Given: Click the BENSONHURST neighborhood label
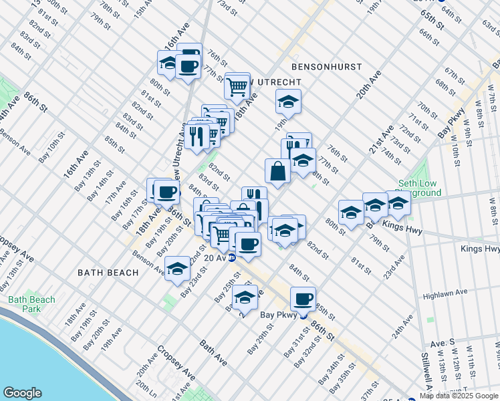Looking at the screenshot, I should click(x=326, y=67).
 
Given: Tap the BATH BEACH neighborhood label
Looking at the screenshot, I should click(x=108, y=273).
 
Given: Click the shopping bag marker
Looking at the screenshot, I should click(x=277, y=172).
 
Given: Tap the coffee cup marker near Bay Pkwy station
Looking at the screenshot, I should click(x=303, y=299).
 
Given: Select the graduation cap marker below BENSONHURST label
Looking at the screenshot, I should click(x=288, y=102).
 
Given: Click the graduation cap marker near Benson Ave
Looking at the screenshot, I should click(x=177, y=269).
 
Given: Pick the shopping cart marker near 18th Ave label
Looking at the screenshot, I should click(x=237, y=86).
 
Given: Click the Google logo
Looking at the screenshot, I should click(x=23, y=393).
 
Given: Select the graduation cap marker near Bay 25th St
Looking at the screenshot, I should click(x=245, y=297).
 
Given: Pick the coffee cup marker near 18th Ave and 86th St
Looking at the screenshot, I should click(x=166, y=192).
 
